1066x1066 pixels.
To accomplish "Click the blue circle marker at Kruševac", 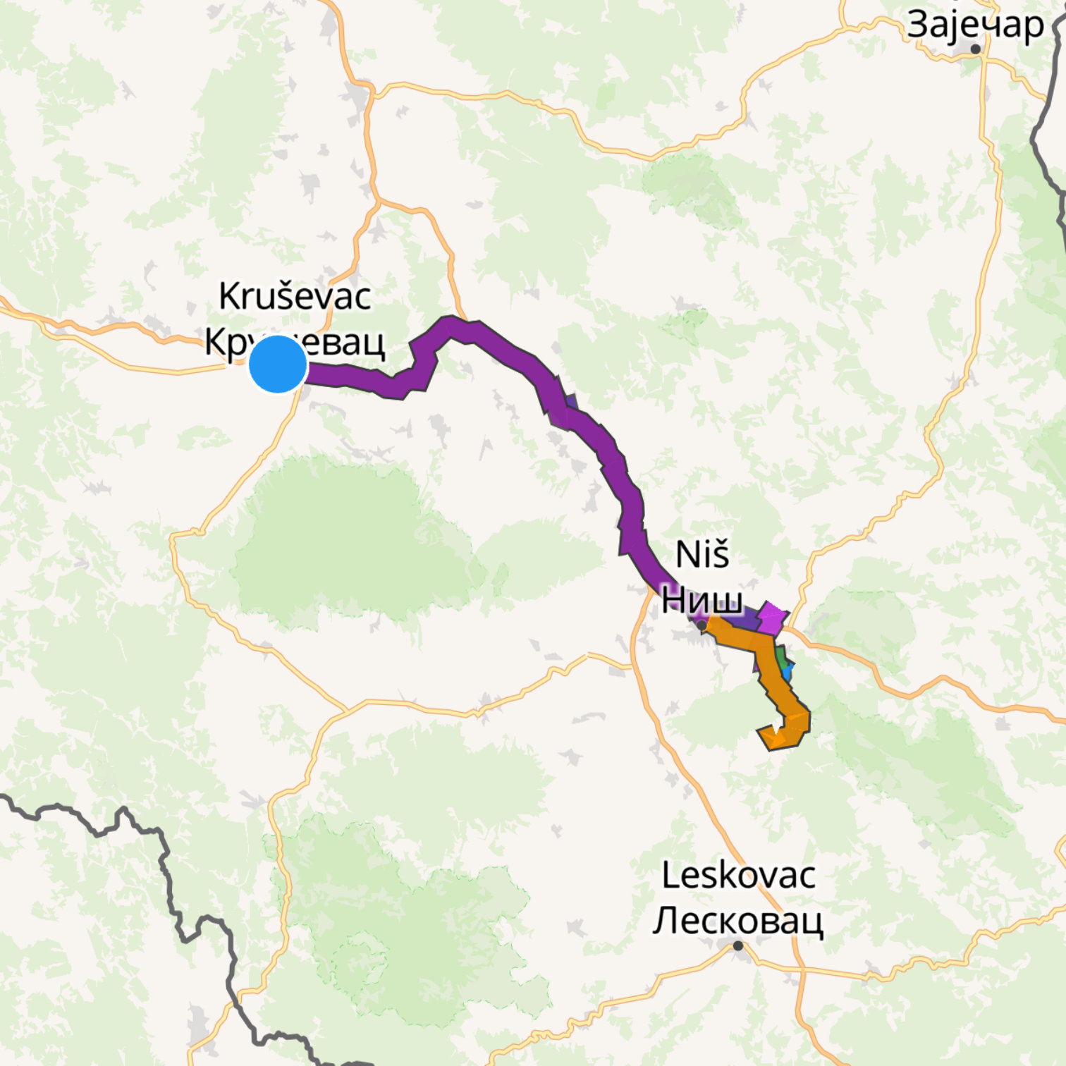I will [x=278, y=364].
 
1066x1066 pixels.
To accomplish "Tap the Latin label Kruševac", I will [x=295, y=296].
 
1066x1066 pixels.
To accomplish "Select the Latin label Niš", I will [x=702, y=554].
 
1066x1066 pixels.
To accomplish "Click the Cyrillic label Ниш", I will [x=702, y=599].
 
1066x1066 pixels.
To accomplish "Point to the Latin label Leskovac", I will [x=738, y=876].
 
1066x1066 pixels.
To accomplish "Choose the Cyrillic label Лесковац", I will [x=737, y=920].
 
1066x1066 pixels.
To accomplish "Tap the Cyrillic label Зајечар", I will [x=975, y=25].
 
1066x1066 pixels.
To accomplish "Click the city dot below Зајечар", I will [x=976, y=49].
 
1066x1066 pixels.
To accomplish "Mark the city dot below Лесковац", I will [x=738, y=945].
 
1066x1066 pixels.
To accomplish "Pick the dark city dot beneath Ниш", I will [x=702, y=625].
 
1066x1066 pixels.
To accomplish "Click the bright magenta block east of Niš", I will [x=773, y=618].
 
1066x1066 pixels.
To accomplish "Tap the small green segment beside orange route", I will [x=781, y=656].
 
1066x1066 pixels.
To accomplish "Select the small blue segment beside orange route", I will [x=788, y=670].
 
